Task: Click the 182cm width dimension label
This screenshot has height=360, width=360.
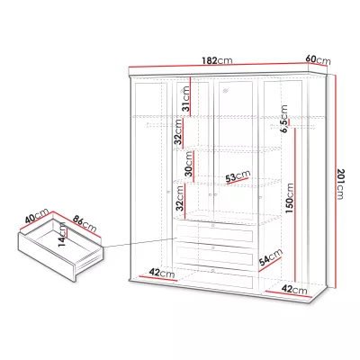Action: click(217, 60)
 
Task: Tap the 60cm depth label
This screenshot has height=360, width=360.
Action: click(318, 59)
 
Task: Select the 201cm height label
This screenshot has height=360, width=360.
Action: click(340, 184)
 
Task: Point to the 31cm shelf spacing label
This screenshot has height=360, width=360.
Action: click(186, 99)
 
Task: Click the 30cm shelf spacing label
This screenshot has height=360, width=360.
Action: click(189, 164)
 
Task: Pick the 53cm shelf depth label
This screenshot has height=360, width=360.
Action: click(238, 176)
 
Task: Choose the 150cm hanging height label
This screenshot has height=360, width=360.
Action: click(290, 198)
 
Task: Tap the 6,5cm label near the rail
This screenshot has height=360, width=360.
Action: click(283, 119)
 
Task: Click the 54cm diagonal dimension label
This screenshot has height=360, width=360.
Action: click(271, 257)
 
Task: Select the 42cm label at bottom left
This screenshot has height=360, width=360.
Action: click(162, 273)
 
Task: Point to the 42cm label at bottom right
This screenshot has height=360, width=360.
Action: click(294, 290)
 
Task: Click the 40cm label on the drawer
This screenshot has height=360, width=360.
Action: click(37, 215)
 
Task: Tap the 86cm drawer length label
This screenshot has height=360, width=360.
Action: click(85, 224)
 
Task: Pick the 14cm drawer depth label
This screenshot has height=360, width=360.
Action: click(62, 234)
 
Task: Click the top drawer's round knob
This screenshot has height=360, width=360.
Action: click(213, 225)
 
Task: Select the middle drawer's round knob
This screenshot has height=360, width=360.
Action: click(213, 247)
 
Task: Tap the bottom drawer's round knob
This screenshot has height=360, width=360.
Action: click(212, 271)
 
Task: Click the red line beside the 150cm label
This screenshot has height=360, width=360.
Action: click(295, 205)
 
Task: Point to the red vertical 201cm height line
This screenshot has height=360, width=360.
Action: click(335, 182)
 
